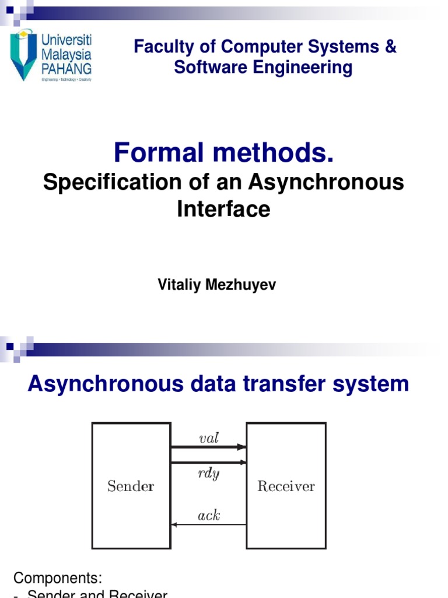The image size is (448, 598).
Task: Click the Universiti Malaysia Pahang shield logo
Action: pos(24,55)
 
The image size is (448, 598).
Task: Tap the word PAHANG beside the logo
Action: pos(66,69)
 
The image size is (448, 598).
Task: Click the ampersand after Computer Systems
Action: pos(390,47)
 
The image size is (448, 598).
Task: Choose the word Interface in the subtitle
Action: pos(224,208)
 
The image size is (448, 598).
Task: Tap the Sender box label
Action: pos(131,486)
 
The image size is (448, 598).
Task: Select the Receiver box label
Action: pos(286,486)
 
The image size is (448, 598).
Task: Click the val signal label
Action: pos(208,438)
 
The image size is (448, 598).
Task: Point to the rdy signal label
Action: pos(208,473)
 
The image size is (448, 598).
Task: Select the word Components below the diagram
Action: pos(58,578)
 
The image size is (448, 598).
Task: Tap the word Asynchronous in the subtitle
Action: pos(325,182)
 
